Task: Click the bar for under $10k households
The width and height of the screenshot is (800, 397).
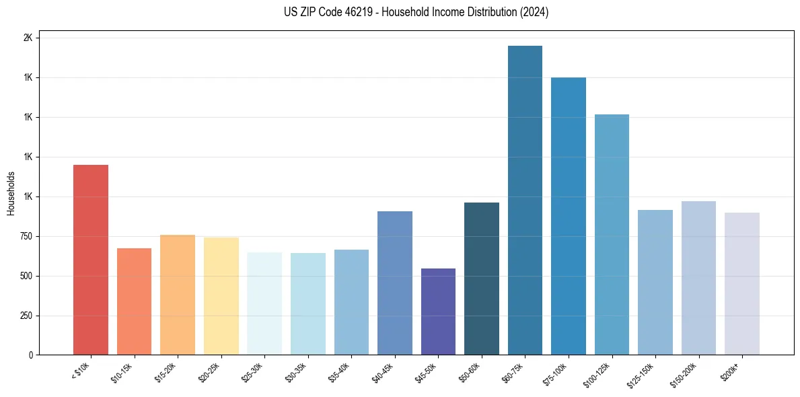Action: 91,260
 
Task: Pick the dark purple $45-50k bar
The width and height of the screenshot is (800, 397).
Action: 438,312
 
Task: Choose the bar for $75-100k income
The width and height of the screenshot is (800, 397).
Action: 569,216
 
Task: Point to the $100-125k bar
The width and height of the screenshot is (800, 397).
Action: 612,235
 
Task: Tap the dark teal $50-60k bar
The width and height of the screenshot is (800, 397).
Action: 482,279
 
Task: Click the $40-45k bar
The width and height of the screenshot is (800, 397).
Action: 395,283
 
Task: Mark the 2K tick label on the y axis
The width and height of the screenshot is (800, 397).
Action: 28,38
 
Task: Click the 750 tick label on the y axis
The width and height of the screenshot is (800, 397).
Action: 24,236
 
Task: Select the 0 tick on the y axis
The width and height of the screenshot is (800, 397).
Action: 30,355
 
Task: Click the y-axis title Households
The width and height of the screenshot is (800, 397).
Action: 11,193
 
